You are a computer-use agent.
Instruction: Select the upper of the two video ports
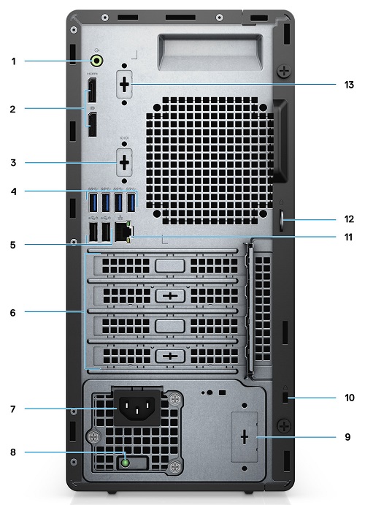92,95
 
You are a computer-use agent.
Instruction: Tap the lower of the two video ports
92,124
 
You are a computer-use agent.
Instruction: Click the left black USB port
92,232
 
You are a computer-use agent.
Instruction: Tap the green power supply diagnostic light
126,462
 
